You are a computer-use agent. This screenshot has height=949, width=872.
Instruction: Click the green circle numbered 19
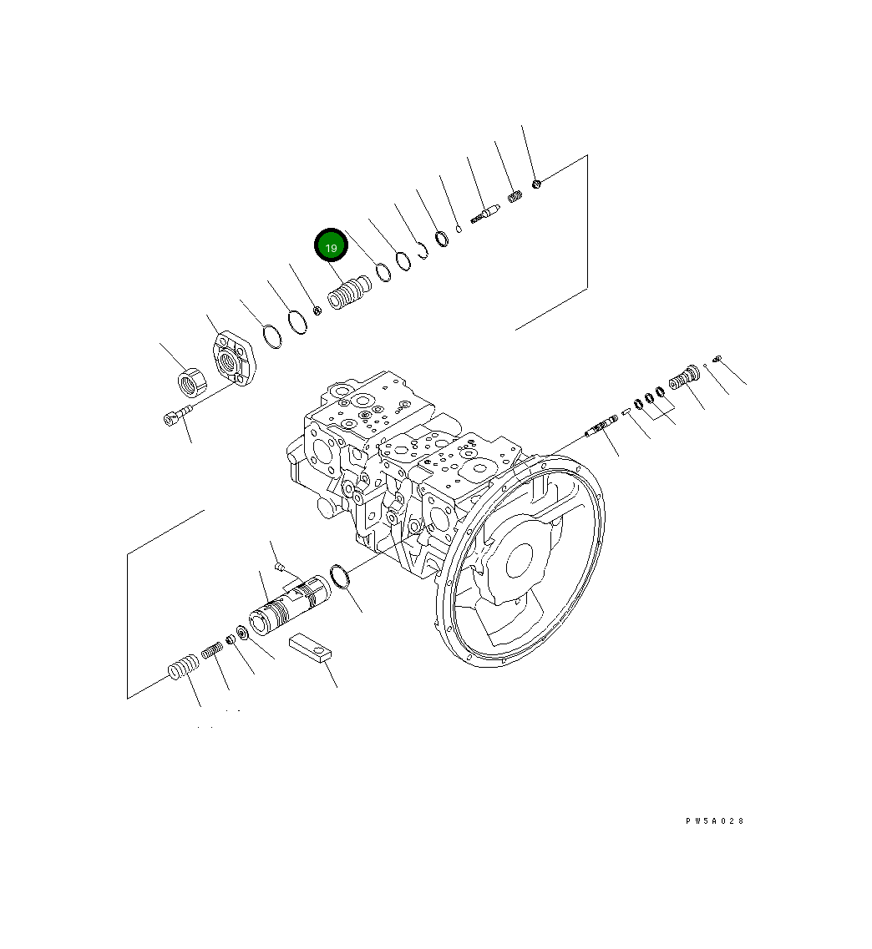point(330,246)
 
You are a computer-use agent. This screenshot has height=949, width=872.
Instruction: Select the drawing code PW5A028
point(714,821)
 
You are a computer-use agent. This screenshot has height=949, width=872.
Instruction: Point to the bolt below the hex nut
point(178,413)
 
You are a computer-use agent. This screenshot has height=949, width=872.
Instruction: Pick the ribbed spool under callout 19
point(350,293)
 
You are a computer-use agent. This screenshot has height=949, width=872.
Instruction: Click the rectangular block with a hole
point(312,648)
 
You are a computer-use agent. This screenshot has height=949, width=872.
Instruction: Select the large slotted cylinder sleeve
point(288,599)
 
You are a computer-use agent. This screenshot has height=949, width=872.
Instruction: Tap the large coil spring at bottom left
point(183,668)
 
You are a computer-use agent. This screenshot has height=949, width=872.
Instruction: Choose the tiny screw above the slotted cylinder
point(281,568)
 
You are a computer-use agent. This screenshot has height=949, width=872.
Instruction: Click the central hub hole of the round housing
point(519,559)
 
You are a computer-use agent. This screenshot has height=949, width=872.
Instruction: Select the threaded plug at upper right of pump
point(682,378)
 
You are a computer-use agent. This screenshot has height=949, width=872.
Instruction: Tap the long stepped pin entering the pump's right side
point(601,427)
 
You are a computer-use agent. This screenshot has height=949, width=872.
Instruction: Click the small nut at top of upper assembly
point(537,183)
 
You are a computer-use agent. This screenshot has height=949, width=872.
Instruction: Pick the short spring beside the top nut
point(515,199)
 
